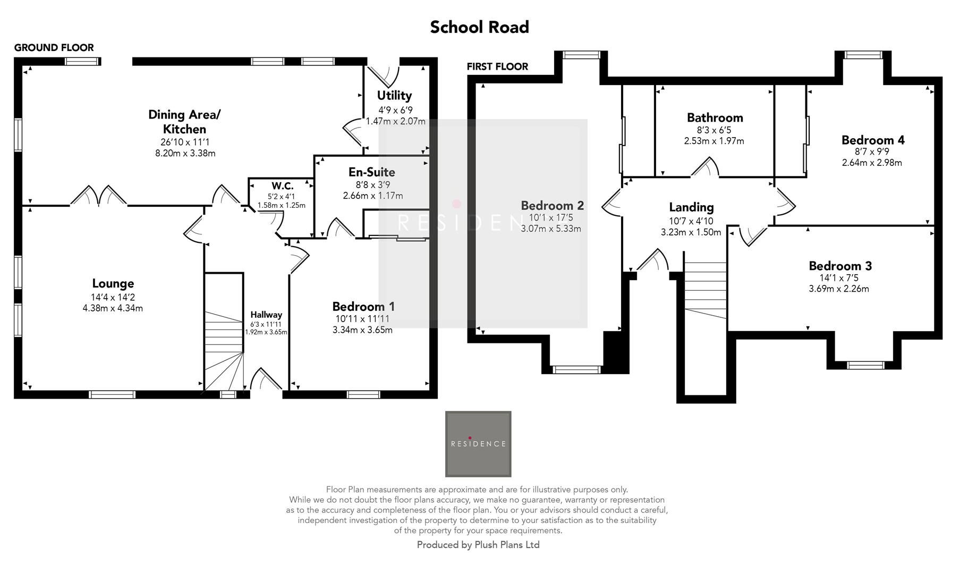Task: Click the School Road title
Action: (x=479, y=27)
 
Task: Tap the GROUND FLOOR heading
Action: (x=54, y=48)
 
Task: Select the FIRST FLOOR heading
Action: (x=497, y=66)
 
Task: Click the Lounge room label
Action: (x=113, y=284)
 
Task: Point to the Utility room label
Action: (x=394, y=96)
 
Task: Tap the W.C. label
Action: (x=282, y=186)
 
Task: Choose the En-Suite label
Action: (x=372, y=172)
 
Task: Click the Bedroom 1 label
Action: (x=363, y=307)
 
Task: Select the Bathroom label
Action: (x=715, y=118)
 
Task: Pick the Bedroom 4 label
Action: (x=872, y=140)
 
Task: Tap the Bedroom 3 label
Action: (x=840, y=266)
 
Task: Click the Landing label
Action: (x=691, y=207)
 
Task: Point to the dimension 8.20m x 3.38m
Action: (x=185, y=154)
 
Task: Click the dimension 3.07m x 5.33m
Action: (x=551, y=229)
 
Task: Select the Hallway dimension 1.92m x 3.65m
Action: (x=266, y=333)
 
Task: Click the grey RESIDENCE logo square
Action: (x=478, y=444)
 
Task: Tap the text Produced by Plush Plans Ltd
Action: (x=478, y=545)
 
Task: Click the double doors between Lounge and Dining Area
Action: (x=98, y=196)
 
